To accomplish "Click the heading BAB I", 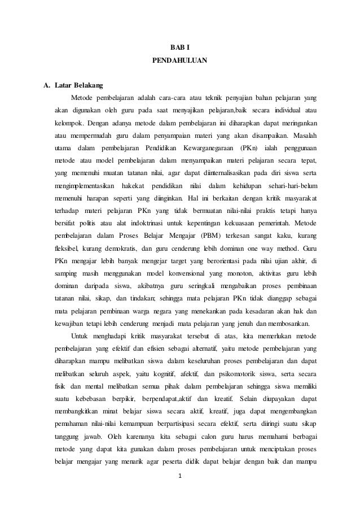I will [179, 46].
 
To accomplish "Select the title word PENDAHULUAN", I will [179, 59].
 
